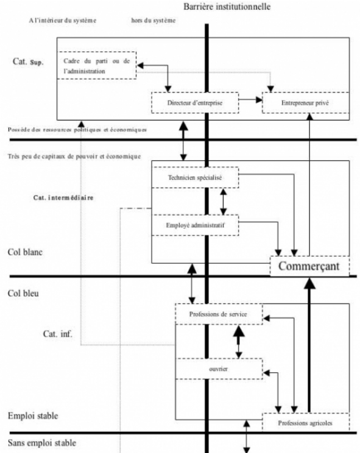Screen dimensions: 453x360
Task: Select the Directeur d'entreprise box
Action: (194, 103)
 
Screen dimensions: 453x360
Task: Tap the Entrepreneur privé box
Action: (305, 103)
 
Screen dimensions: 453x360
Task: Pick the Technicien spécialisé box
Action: (194, 177)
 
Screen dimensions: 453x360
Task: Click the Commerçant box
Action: (309, 266)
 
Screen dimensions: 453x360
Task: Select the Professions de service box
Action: (218, 314)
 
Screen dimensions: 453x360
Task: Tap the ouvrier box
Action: (218, 369)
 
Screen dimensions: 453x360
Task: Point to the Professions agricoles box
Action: (305, 423)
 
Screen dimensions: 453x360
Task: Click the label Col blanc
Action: (25, 252)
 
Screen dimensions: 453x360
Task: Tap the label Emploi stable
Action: (32, 416)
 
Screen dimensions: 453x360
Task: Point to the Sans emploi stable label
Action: (42, 444)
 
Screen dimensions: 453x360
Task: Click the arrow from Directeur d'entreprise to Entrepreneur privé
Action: (250, 100)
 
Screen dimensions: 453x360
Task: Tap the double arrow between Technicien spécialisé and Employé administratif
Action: (223, 201)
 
